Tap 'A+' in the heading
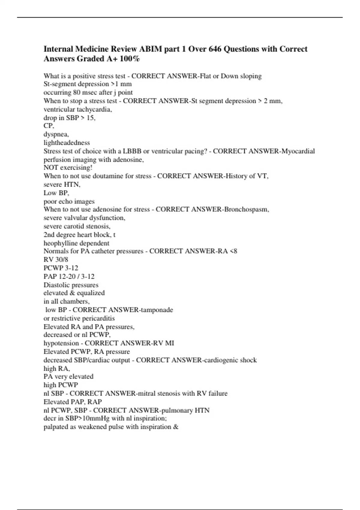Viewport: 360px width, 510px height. pos(111,58)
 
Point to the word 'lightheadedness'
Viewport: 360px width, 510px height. pos(67,143)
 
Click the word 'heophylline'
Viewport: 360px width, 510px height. pos(61,243)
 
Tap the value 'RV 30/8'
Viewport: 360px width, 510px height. pos(56,259)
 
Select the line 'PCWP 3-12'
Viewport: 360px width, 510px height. pos(61,268)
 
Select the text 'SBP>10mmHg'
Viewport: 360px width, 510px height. pos(87,418)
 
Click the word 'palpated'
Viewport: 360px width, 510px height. pos(56,427)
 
